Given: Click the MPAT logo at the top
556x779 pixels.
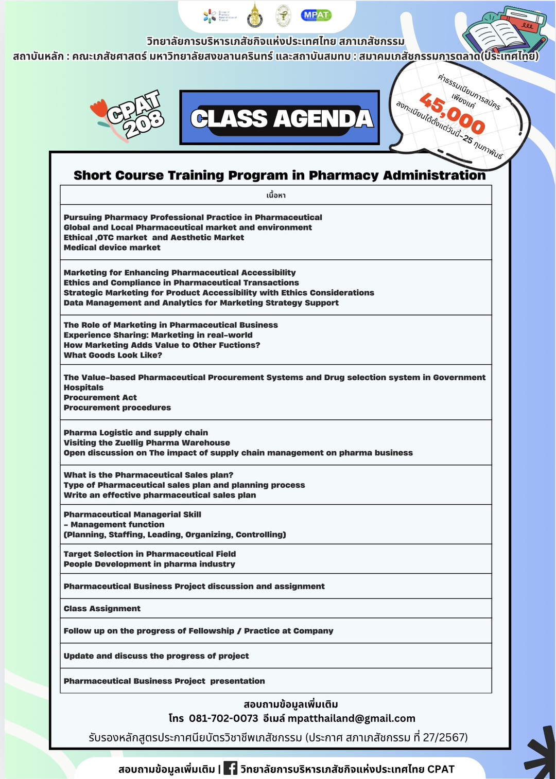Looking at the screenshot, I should click(316, 15).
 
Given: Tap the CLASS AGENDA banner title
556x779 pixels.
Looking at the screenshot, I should click(281, 119).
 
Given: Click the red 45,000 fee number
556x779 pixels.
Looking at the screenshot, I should click(452, 113).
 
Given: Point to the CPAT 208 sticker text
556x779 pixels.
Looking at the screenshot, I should click(135, 115).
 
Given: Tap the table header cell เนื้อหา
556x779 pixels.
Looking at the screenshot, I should click(276, 195).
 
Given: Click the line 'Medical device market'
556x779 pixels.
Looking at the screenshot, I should click(112, 247).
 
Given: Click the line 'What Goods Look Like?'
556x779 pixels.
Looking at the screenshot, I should click(113, 355).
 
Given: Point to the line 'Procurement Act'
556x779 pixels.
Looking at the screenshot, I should click(100, 398).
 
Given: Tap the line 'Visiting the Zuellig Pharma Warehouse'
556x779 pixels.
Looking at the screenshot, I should click(147, 443).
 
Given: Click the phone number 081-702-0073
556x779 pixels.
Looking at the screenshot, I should click(223, 718).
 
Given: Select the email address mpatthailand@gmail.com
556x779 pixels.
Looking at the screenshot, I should click(351, 718).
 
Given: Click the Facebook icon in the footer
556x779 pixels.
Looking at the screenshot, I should click(230, 768).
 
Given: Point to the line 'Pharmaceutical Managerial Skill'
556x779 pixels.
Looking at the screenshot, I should click(132, 515).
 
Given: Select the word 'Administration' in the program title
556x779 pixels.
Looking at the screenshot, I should click(434, 175).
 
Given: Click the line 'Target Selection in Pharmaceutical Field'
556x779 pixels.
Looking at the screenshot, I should click(150, 554).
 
